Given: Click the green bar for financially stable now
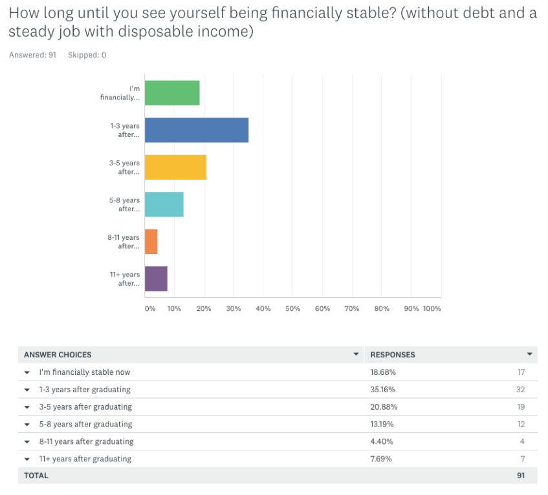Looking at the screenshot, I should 172,93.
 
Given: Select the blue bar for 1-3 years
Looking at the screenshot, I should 197,130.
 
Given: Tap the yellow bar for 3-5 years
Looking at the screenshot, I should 175,167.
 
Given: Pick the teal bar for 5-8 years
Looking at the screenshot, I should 164,204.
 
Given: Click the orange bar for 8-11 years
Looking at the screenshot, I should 151,241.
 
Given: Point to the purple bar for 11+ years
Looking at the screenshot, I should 156,279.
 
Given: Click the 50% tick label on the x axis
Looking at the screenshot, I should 292,309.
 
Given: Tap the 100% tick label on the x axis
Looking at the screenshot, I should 432,309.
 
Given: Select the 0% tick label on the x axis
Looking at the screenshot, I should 150,309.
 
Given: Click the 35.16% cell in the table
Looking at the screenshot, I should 383,390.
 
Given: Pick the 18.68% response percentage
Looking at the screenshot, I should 383,372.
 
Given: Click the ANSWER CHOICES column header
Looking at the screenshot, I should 58,355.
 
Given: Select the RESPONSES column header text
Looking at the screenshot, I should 393,355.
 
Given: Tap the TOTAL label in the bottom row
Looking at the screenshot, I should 36,476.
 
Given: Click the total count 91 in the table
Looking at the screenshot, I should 521,476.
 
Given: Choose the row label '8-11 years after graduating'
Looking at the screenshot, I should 86,442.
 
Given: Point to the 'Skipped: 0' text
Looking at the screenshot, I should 87,55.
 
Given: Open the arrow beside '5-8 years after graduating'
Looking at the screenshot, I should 27,425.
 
